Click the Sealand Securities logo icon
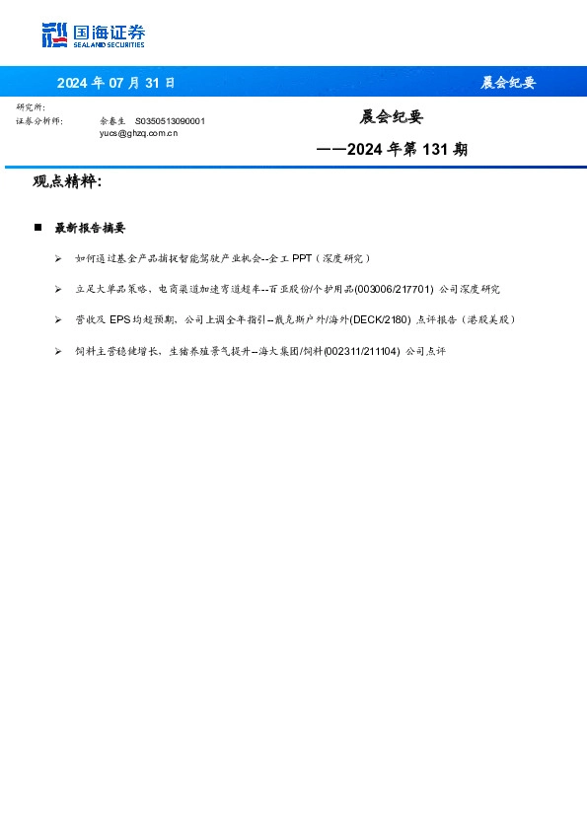click(x=55, y=35)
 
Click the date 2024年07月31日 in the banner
click(x=115, y=83)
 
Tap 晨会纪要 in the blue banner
click(x=508, y=83)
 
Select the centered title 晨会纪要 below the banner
click(x=391, y=117)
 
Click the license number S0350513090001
click(x=170, y=120)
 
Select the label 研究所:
click(x=31, y=107)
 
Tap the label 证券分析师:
click(x=39, y=120)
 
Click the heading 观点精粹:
click(x=67, y=182)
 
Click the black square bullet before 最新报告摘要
click(x=37, y=228)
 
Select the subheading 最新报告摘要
click(x=90, y=228)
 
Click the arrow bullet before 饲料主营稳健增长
click(x=59, y=351)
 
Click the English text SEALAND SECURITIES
click(x=109, y=45)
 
